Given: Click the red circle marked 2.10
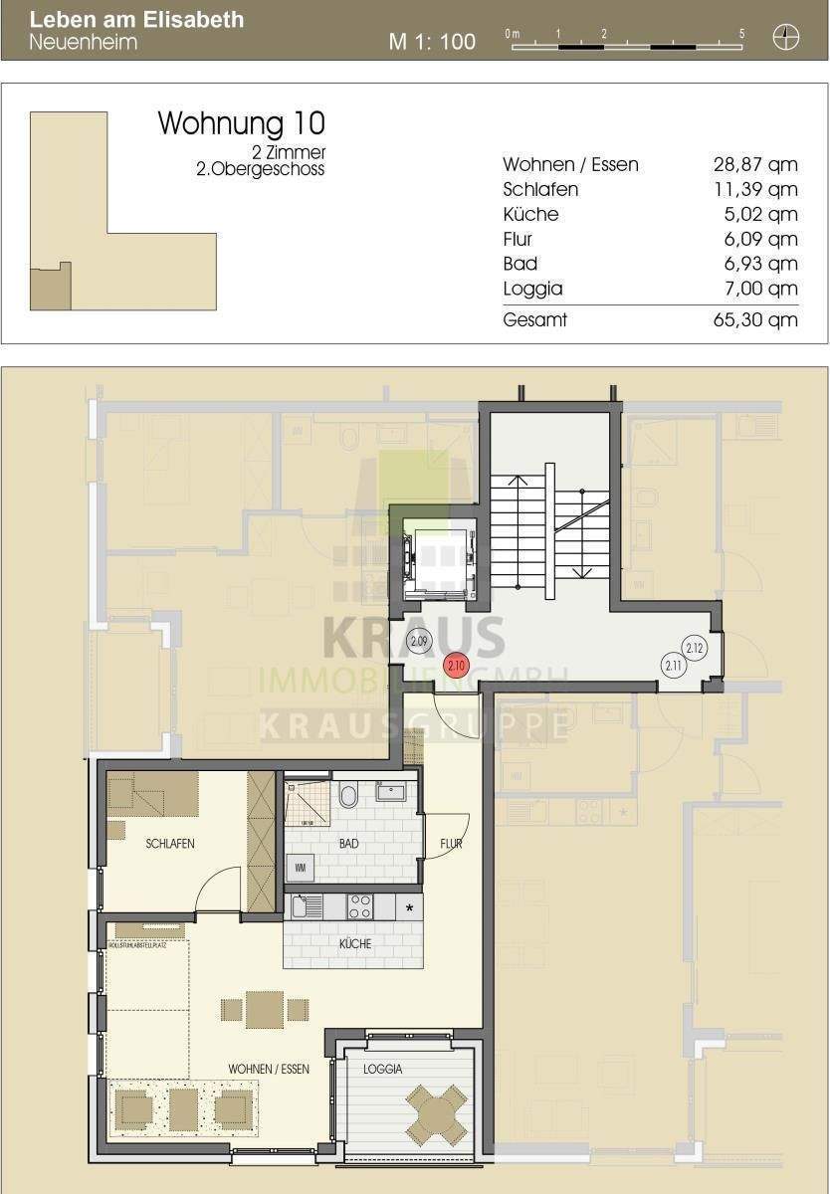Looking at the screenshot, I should tap(456, 666).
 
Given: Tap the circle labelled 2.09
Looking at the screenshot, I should tap(419, 642).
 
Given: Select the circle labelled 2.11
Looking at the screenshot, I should tap(672, 665).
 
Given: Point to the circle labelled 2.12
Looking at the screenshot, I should tap(696, 649).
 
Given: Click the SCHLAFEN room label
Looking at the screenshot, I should tap(169, 844).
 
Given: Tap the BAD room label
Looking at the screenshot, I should tap(348, 844).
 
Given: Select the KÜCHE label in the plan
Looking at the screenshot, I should tap(355, 943).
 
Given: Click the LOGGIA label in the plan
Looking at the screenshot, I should tap(383, 1069).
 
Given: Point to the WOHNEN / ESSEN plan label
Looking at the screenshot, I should tap(269, 1069).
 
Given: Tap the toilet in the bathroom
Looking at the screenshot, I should tap(348, 796).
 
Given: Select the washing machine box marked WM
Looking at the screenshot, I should tap(301, 869).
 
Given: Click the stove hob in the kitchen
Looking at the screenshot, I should tap(359, 906).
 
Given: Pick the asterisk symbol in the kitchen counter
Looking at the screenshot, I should tap(409, 908).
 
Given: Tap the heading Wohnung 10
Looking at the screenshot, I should tap(242, 123).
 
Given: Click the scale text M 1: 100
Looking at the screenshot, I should tap(432, 42).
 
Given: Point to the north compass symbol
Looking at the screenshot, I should tap(786, 39).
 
